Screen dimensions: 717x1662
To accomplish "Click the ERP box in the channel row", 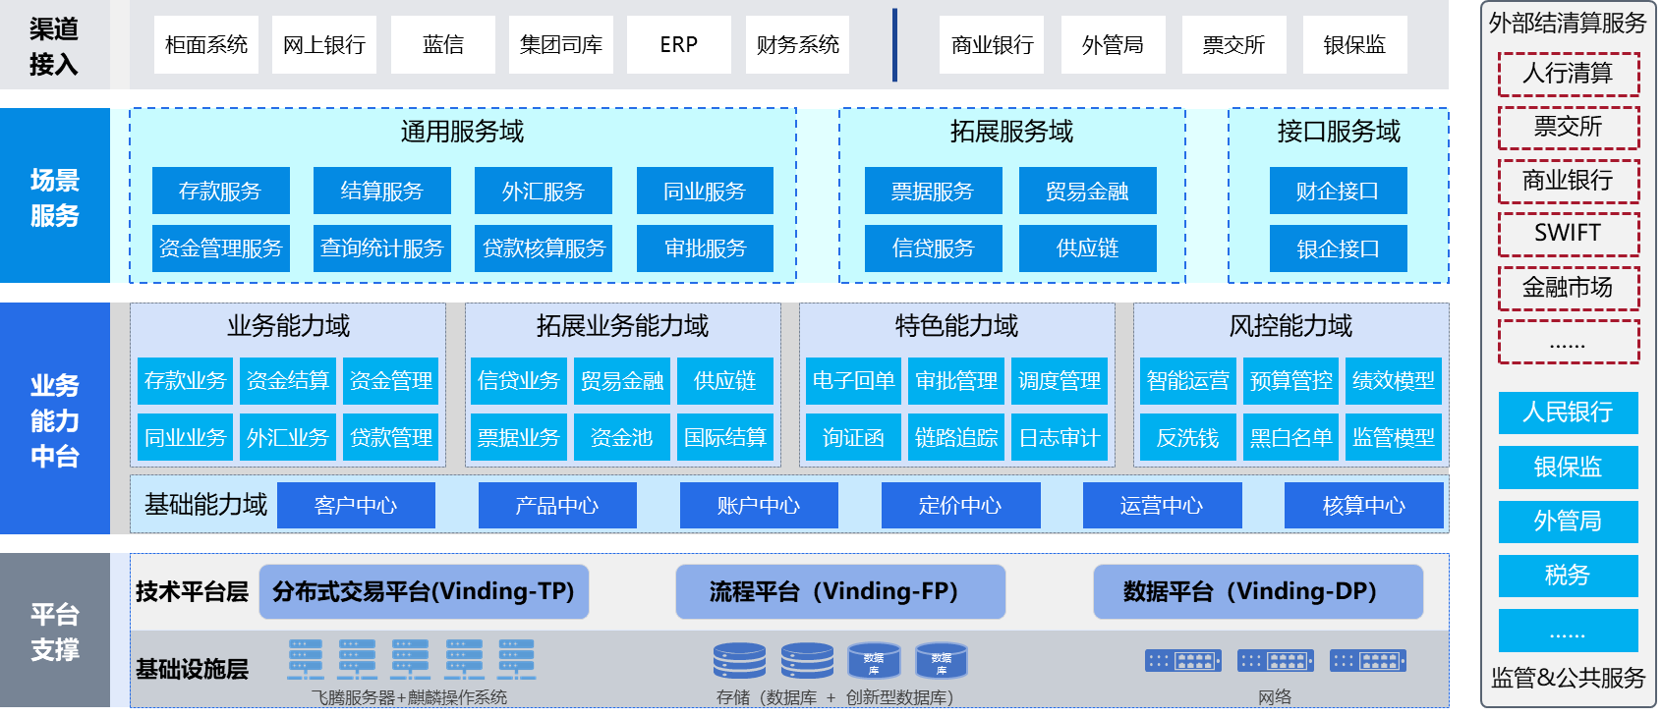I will point(679,45).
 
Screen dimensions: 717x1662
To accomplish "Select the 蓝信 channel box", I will point(443,45).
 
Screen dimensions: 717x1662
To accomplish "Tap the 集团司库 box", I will point(561,45).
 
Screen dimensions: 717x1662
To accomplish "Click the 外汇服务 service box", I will point(544,191).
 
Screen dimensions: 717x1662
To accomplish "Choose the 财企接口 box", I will point(1338,191).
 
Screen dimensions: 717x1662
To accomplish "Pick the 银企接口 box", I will point(1338,248).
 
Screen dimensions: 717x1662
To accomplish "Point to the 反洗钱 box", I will point(1187,438).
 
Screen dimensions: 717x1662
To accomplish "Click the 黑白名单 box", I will point(1290,438).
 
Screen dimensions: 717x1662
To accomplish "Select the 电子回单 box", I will point(853,381).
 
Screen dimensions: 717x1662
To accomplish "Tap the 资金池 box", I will point(622,438).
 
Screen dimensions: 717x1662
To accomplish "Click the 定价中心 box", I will point(960,506).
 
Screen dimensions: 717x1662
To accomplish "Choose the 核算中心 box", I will point(1363,506).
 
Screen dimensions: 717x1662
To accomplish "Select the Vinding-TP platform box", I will point(424,591).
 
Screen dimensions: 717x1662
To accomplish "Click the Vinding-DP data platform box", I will point(1258,591).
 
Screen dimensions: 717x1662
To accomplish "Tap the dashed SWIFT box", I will point(1569,234).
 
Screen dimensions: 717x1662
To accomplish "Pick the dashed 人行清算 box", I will point(1569,74).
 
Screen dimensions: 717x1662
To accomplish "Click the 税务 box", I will point(1568,576).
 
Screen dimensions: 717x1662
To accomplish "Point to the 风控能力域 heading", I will point(1290,326).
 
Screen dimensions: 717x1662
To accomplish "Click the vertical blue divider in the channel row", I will point(894,45).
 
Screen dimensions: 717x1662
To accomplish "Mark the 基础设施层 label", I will point(192,670).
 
